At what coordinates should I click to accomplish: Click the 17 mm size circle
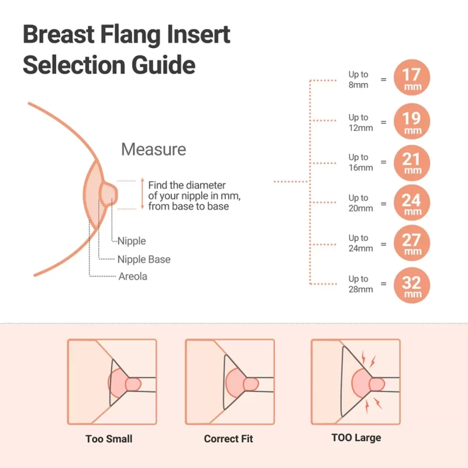tap(412, 78)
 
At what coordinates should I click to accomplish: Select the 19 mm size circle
tap(412, 122)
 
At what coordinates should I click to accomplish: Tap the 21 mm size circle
tap(412, 162)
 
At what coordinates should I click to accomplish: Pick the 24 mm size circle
tap(412, 203)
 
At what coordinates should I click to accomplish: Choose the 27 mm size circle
tap(412, 243)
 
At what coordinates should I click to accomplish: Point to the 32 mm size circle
tap(412, 284)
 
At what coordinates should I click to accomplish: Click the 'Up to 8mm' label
tap(358, 79)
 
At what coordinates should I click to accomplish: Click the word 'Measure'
tap(153, 149)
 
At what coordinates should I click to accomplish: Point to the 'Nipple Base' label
tap(144, 259)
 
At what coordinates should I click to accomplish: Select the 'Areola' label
tap(133, 276)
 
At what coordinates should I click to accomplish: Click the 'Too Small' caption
tap(109, 438)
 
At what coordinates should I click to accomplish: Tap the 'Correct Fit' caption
tap(229, 438)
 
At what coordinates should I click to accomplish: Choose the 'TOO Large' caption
tap(356, 438)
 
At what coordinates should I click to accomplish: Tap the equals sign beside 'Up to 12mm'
tap(384, 122)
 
